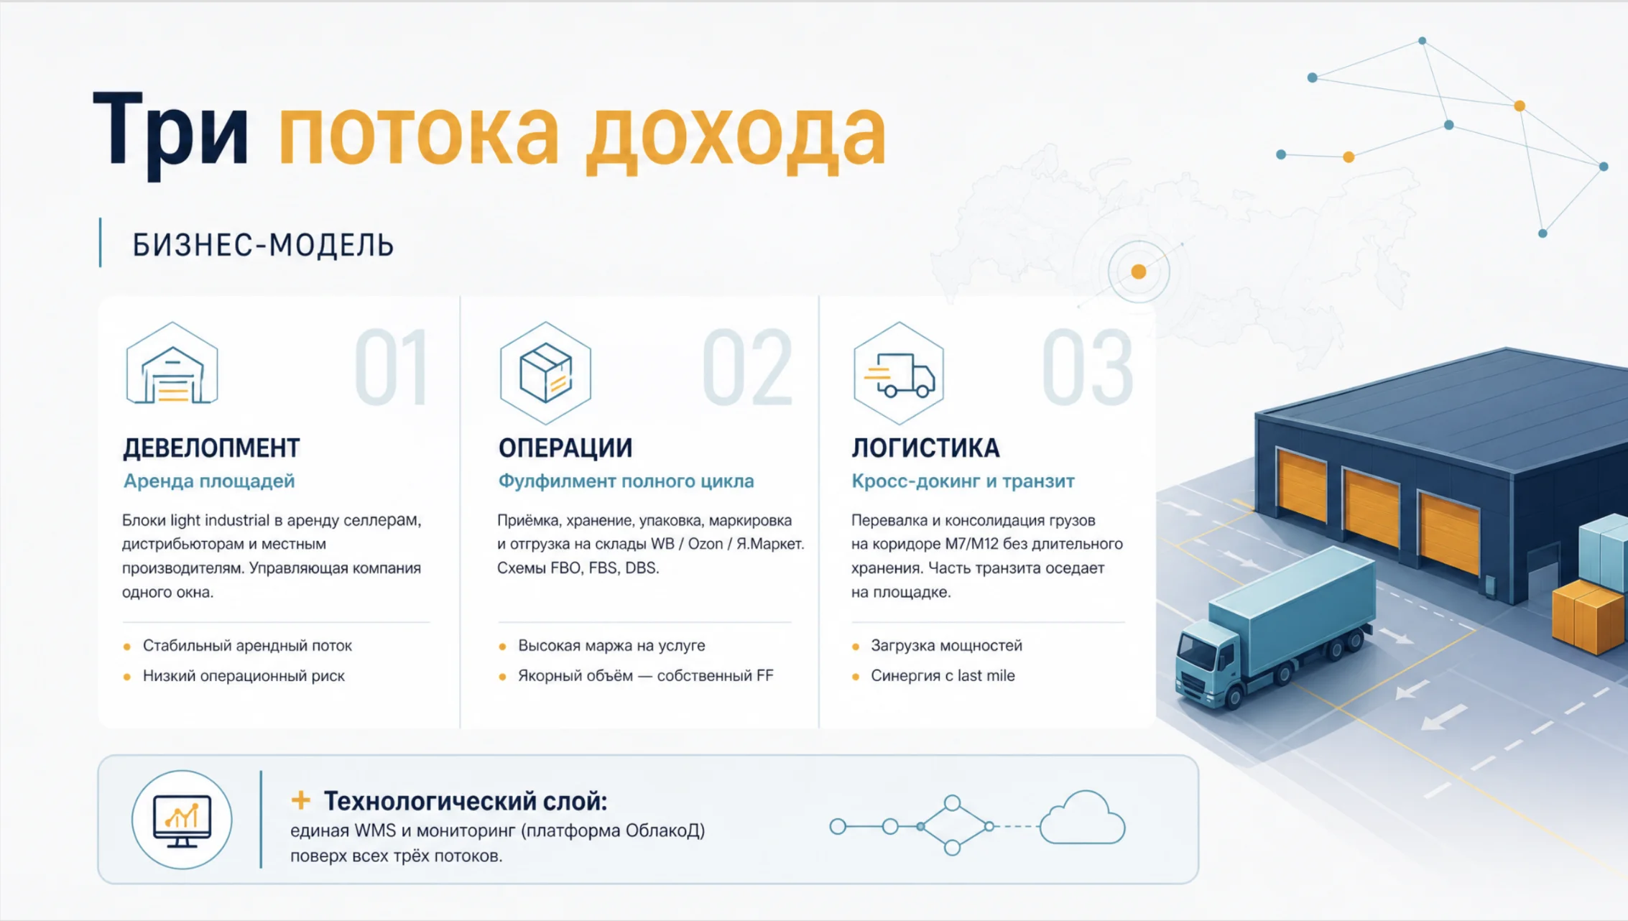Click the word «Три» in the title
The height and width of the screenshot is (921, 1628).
(171, 134)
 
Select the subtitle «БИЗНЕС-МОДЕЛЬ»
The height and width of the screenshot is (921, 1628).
(263, 245)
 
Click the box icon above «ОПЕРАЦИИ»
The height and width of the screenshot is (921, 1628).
(545, 373)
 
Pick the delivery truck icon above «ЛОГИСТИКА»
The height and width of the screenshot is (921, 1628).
(899, 373)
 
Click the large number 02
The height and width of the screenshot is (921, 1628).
(747, 368)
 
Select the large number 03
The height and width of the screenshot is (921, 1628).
(1088, 368)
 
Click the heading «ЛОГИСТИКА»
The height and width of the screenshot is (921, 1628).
(925, 448)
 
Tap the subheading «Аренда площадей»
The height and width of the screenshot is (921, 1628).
(209, 481)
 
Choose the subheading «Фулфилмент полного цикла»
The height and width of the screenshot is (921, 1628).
(626, 481)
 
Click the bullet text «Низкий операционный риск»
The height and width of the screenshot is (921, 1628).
(244, 676)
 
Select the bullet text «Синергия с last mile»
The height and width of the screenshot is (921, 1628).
(943, 676)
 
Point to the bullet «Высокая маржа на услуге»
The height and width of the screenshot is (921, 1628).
(611, 646)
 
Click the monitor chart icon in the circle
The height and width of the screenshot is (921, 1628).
(182, 820)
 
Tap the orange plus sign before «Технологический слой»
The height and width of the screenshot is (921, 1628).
(301, 800)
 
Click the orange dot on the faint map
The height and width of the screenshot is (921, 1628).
(1139, 272)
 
